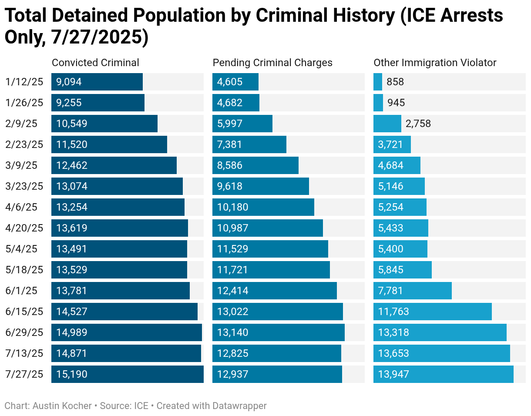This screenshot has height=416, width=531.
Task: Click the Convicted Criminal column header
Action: (x=95, y=63)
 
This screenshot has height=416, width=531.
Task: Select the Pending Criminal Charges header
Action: (x=272, y=63)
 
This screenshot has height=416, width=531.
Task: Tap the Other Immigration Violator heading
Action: (x=435, y=63)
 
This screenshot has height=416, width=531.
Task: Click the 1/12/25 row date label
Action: (x=24, y=82)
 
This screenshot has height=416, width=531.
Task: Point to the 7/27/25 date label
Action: (x=24, y=374)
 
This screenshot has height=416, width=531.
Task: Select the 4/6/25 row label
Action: (x=21, y=207)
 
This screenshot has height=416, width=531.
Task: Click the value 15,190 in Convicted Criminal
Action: (x=72, y=374)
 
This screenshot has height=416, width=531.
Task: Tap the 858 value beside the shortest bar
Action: (x=395, y=82)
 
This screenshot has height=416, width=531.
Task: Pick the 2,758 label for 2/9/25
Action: (x=418, y=124)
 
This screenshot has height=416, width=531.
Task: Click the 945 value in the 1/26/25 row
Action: (x=396, y=103)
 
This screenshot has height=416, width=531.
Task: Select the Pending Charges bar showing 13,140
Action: (x=279, y=332)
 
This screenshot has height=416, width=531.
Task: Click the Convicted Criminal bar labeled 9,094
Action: (x=97, y=82)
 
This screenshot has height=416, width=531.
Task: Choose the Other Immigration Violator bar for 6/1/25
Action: (x=412, y=291)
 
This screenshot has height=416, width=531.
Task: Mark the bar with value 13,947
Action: (x=443, y=374)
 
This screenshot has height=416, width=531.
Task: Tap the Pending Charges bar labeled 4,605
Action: (x=235, y=82)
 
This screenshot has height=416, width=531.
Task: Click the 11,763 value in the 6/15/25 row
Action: (x=393, y=312)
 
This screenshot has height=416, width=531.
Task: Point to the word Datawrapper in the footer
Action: (x=239, y=406)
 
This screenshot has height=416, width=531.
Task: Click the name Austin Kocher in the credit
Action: (x=62, y=406)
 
